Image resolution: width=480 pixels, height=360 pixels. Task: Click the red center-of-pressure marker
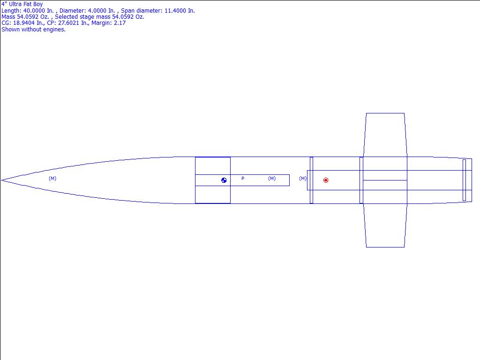(326, 180)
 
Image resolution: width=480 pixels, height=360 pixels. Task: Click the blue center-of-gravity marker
(224, 180)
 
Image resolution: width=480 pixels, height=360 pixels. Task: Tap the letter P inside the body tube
(243, 178)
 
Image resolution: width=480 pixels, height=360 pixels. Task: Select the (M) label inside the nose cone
(52, 178)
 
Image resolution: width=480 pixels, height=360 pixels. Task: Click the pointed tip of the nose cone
(1, 180)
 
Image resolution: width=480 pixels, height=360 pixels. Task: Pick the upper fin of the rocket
(385, 135)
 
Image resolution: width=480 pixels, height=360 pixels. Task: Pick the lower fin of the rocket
(385, 225)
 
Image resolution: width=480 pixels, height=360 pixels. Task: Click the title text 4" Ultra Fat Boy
(22, 4)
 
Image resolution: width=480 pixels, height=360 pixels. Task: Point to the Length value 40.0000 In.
(38, 11)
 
